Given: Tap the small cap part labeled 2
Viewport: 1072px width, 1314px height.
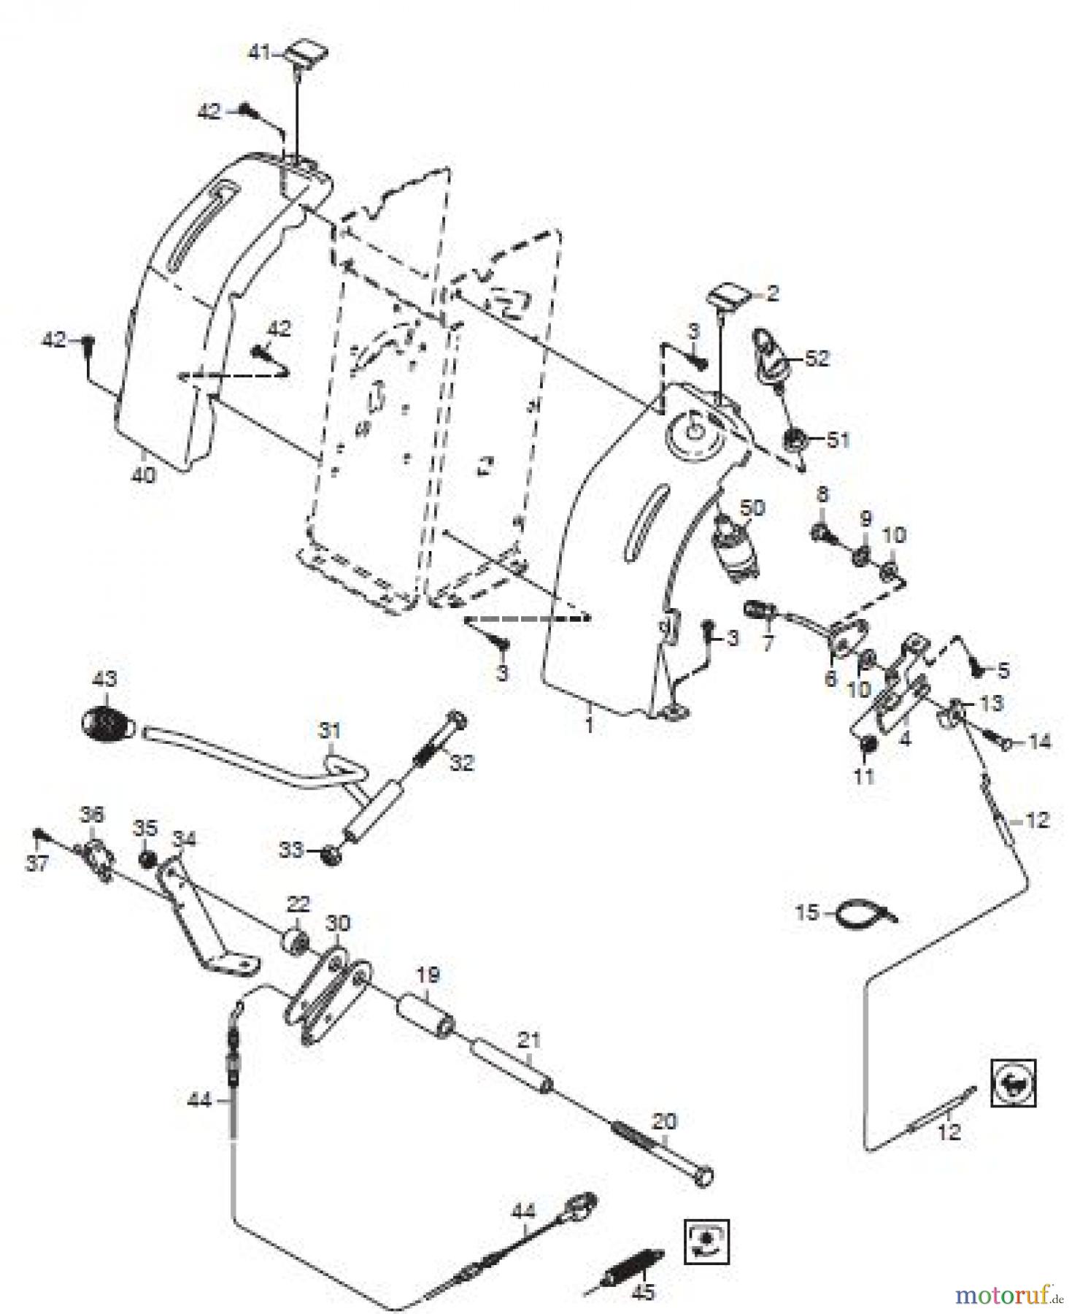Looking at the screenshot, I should pos(730,296).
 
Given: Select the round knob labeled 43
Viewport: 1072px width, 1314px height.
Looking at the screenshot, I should pos(107,723).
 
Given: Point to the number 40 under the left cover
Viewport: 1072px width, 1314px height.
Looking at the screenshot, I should pos(144,475).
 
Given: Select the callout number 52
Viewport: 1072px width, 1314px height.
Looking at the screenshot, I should pos(817,358).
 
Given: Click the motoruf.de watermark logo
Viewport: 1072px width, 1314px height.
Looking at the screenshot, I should pos(1008,1294).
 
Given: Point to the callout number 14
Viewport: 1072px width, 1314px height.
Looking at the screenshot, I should pos(1039,742).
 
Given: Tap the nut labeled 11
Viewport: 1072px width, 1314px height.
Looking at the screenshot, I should pos(867,744).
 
